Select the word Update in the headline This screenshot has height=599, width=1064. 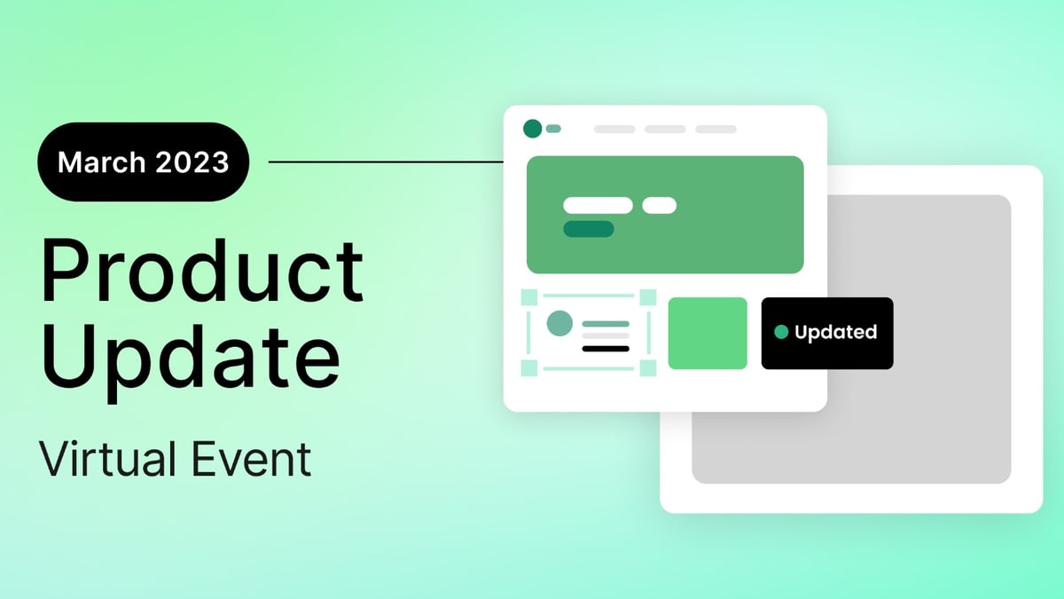[190, 356]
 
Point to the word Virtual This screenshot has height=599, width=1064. [113, 460]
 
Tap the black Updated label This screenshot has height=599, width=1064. [827, 333]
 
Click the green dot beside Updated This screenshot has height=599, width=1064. [781, 332]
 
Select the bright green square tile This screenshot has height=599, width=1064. [708, 333]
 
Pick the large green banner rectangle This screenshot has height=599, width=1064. [665, 215]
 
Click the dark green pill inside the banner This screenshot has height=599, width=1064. [589, 229]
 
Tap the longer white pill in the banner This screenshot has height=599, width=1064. [598, 205]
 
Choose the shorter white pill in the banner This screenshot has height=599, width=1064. [659, 205]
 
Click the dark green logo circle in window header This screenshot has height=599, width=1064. [532, 129]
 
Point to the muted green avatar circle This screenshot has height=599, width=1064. [559, 323]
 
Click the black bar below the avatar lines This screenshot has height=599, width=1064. [606, 349]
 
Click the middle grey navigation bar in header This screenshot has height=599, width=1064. [665, 130]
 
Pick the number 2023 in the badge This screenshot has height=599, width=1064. [193, 162]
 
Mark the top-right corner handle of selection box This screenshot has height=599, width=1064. [648, 296]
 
